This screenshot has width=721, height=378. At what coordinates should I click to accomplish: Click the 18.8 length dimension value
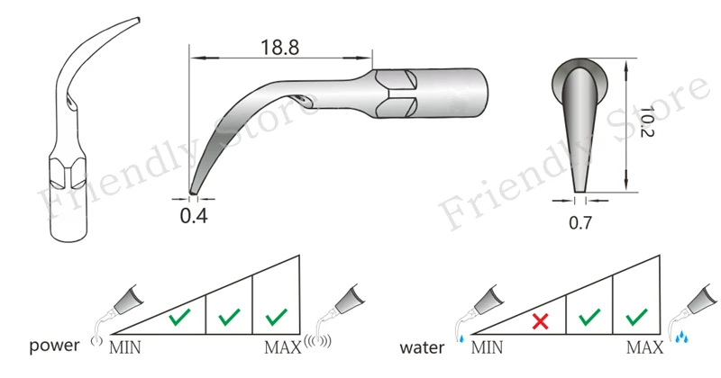280,48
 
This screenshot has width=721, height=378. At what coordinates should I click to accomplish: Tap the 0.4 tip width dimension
194,215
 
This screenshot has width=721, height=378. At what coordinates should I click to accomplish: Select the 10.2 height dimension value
646,121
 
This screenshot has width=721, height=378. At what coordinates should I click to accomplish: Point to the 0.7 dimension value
580,223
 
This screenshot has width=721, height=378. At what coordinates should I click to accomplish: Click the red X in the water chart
540,321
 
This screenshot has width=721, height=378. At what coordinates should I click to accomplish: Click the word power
54,346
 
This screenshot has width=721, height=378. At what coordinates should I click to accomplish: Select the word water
422,347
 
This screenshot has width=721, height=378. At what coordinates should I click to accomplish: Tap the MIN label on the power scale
125,347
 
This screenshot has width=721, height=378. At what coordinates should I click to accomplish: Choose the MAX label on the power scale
283,347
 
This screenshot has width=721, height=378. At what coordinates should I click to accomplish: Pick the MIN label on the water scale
487,347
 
